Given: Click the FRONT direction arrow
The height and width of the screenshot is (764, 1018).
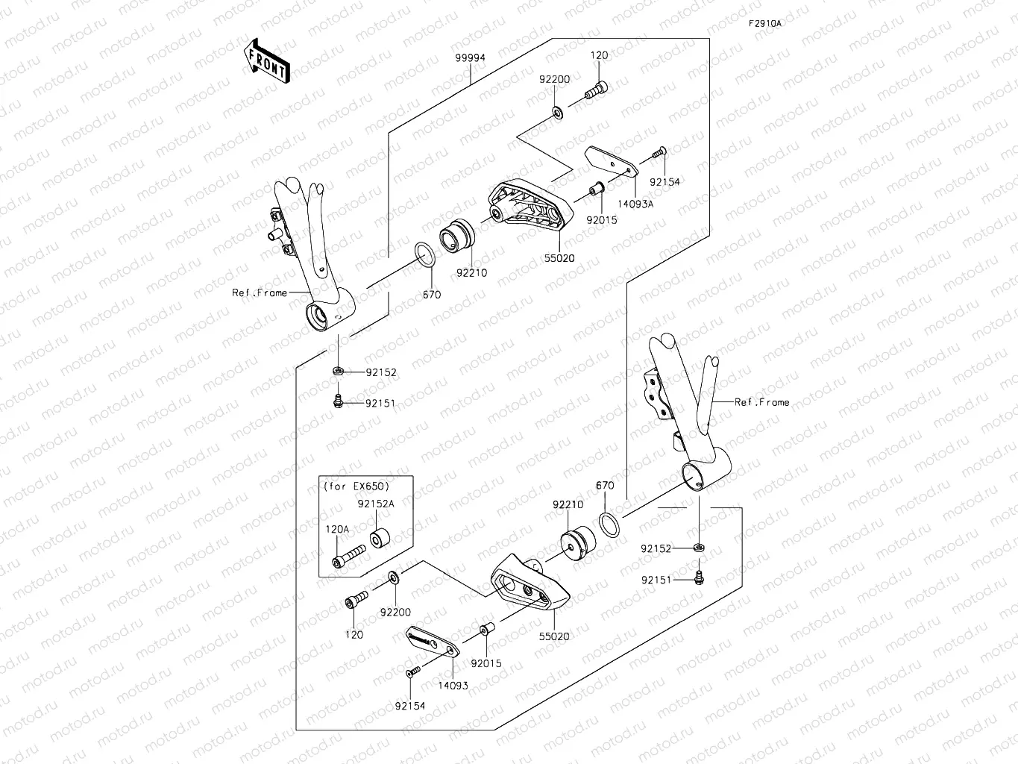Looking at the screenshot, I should (x=266, y=61).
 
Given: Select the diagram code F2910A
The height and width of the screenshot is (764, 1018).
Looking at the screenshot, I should (x=765, y=23).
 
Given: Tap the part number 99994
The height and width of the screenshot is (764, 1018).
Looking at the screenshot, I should (x=471, y=57).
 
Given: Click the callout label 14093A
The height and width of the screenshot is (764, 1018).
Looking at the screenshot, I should (x=635, y=204).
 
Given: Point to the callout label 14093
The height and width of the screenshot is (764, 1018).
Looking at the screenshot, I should (x=453, y=685).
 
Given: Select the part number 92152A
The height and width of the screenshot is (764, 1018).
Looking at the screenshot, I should (x=375, y=504).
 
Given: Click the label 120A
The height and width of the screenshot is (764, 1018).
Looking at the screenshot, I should (x=336, y=529).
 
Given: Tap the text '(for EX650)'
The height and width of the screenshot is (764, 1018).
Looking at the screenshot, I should (x=356, y=486).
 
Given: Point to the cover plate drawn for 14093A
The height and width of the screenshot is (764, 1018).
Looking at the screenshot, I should (x=610, y=160).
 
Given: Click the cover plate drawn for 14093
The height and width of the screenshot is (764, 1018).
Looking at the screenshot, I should (x=431, y=641).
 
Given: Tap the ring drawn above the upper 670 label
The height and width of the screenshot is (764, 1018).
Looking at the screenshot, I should (x=424, y=254).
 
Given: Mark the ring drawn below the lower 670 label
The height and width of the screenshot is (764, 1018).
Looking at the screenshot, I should (x=609, y=524).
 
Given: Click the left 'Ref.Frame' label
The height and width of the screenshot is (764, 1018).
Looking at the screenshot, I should (x=259, y=293).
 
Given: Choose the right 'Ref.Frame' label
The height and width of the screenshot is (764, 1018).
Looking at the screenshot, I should (x=761, y=402).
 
